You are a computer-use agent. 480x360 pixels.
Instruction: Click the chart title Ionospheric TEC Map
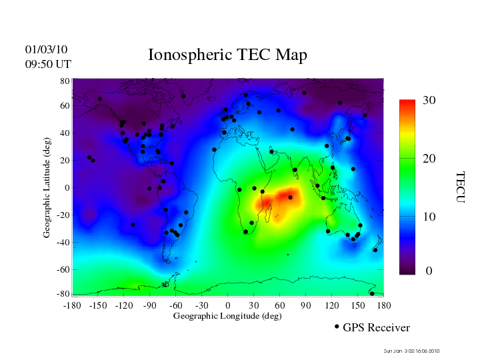click(227, 55)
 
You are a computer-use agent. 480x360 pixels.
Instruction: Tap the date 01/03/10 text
click(46, 49)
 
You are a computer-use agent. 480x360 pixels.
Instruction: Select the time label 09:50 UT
click(48, 64)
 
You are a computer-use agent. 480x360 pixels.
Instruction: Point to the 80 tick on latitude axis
click(65, 81)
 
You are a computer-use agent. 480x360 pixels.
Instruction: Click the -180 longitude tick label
click(73, 305)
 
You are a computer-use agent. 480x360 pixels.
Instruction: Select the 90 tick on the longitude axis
click(306, 305)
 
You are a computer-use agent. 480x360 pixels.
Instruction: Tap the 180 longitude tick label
click(384, 305)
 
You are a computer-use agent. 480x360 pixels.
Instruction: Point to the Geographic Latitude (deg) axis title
click(47, 192)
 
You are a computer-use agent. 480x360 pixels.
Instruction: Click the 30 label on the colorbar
click(429, 101)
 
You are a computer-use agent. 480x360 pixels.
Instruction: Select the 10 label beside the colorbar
click(429, 217)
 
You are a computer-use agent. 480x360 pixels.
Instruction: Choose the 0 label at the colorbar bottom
click(429, 271)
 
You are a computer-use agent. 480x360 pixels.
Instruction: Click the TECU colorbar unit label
click(460, 187)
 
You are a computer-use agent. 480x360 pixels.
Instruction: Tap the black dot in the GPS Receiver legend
click(337, 327)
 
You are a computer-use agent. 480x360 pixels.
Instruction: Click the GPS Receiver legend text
click(376, 327)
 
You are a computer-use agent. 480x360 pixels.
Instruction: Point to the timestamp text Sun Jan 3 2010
click(411, 351)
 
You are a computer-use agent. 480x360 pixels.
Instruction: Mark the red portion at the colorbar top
click(407, 107)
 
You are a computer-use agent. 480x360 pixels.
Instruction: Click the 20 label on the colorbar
click(429, 159)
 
